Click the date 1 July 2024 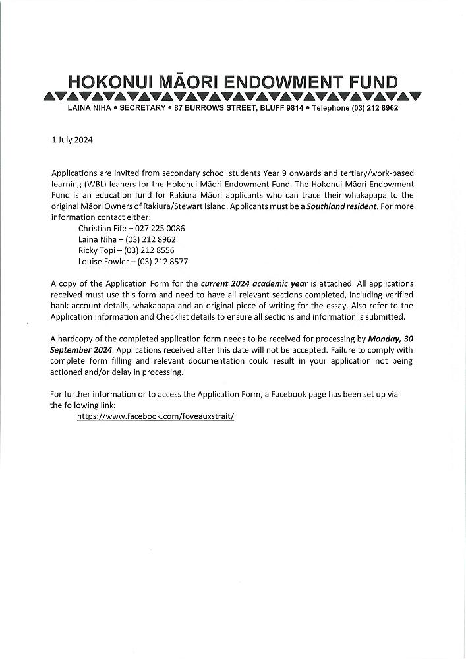coord(73,140)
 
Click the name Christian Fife coord(102,228)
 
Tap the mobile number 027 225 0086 coord(160,228)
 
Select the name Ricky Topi coord(97,250)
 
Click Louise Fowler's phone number coord(162,262)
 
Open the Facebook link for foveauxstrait coord(156,417)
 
